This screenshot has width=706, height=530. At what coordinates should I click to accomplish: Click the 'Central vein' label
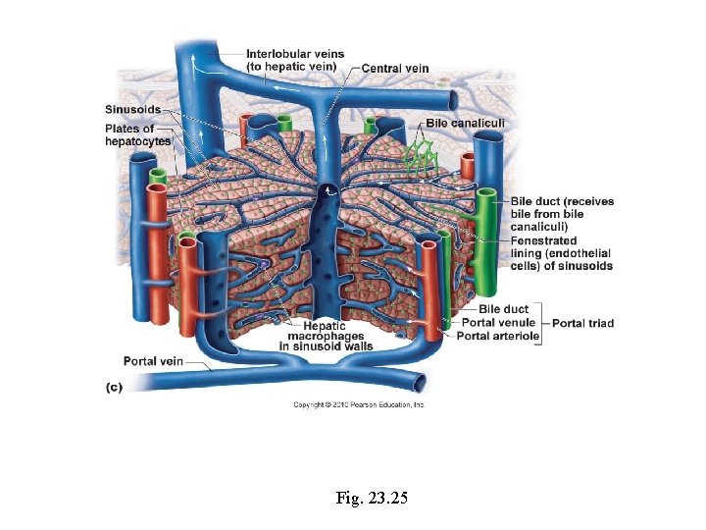point(395,68)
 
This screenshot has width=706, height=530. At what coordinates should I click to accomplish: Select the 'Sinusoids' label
point(132,108)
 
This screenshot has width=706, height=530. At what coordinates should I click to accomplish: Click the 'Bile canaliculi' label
point(465,123)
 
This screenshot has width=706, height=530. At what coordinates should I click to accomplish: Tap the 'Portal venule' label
point(498,323)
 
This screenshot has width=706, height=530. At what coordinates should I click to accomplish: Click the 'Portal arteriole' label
point(498,336)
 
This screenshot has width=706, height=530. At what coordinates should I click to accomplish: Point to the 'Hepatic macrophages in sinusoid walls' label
point(326,337)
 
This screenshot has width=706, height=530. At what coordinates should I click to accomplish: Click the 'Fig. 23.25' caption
point(371,499)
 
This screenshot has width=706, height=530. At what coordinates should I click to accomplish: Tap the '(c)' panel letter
point(114,388)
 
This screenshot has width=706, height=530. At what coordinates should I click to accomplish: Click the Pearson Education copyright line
point(359,404)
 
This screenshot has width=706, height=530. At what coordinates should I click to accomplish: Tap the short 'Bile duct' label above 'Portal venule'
point(503,310)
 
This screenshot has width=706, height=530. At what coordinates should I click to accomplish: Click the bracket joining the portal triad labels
point(543,323)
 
